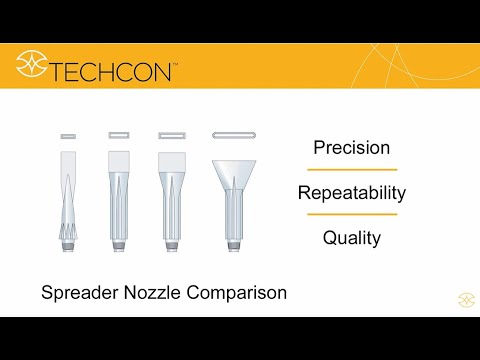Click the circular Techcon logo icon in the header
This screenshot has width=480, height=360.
point(32,67)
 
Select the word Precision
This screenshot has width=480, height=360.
point(351,148)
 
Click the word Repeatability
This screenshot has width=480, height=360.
point(351,192)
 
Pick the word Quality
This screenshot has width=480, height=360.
point(351,238)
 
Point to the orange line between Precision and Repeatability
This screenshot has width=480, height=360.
point(351,170)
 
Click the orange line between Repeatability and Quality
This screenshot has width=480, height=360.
point(351,215)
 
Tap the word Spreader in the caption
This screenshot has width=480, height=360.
point(77,294)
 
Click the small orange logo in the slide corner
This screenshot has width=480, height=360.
point(465,299)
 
